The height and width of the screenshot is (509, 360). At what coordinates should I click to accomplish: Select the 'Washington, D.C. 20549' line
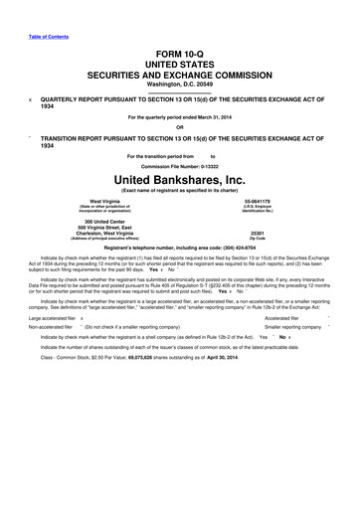(179, 84)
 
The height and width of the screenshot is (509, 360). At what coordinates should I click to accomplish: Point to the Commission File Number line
(179, 165)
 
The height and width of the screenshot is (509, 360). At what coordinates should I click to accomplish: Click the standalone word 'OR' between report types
(179, 125)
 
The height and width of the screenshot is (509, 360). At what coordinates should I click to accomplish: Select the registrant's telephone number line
(179, 249)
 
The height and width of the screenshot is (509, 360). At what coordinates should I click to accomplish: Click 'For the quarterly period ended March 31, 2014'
(179, 116)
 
